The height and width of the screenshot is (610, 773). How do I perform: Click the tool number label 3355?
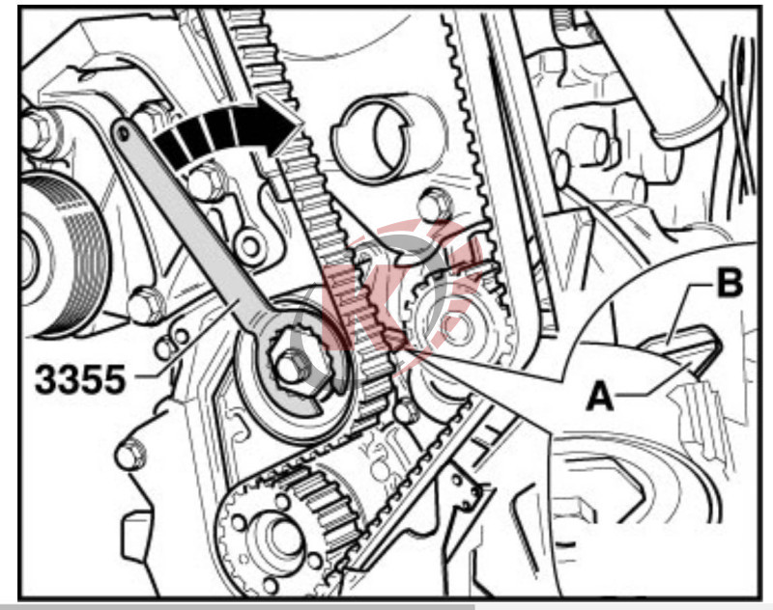(80, 380)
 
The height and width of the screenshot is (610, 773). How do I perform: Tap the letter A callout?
(600, 397)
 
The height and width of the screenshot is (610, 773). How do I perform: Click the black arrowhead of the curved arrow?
(277, 125)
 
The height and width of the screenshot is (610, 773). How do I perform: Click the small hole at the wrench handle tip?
(123, 132)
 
